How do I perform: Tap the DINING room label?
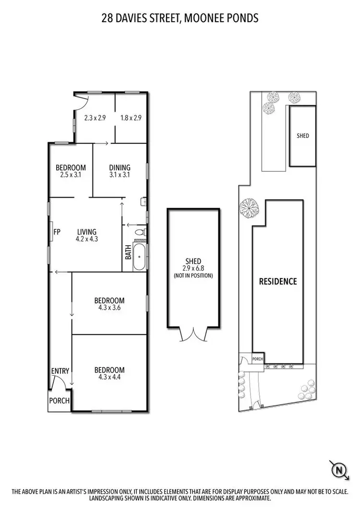[120, 168]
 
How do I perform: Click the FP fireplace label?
[57, 232]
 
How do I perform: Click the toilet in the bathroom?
[139, 232]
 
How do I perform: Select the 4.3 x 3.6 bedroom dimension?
[110, 308]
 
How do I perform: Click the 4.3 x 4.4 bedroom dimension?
[109, 377]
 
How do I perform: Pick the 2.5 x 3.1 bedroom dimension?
[71, 175]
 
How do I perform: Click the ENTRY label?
[60, 371]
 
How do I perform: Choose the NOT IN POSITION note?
[193, 275]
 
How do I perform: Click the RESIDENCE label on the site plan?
[278, 282]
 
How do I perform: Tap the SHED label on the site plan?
[303, 136]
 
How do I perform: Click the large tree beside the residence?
[249, 209]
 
